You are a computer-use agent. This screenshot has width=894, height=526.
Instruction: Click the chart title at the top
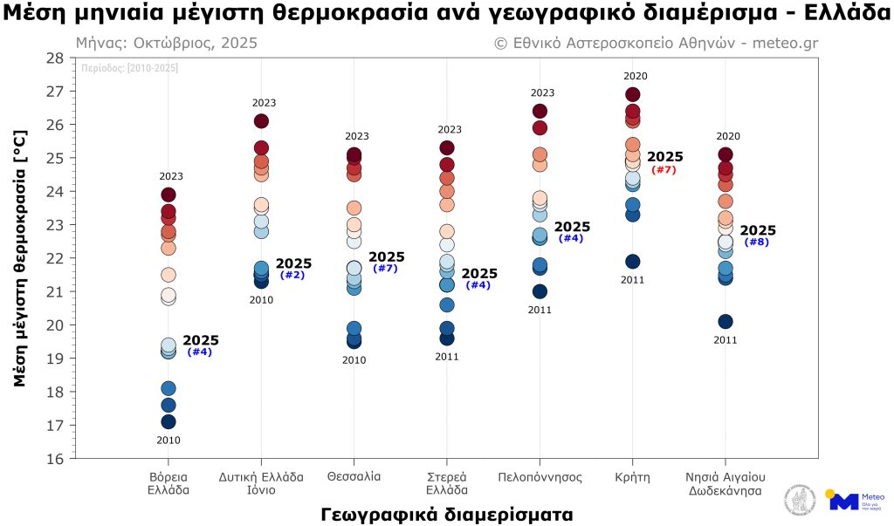point(447,15)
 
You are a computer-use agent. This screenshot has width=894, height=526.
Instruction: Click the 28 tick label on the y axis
point(54,58)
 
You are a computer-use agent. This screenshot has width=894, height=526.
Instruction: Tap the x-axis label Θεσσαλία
point(354,477)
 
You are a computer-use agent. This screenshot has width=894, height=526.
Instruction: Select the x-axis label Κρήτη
point(632,477)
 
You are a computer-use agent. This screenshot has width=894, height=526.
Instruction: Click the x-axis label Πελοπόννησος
point(540,477)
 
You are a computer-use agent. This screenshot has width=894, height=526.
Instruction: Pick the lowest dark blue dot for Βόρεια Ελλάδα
point(168,422)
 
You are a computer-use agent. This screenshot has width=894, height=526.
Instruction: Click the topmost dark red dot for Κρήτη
point(633,94)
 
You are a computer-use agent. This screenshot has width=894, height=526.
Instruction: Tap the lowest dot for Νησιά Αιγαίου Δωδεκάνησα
point(726,322)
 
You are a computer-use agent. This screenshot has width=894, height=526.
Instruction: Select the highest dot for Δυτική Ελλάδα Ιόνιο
point(261,121)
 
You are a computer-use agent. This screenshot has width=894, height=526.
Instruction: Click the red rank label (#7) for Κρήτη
point(664,169)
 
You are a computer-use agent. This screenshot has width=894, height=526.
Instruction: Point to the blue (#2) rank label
point(292,276)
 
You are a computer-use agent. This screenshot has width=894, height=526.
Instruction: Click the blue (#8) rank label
point(757,242)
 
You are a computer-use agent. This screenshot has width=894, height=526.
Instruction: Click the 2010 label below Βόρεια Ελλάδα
point(168,441)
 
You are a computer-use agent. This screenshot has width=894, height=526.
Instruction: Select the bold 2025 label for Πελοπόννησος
point(572,227)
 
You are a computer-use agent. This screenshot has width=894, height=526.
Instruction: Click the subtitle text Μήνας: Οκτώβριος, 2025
point(167,44)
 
